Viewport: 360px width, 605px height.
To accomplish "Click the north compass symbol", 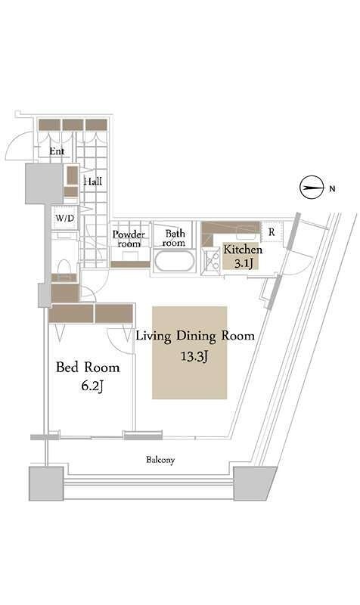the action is [311, 188].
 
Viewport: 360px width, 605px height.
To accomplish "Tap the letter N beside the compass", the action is [332, 189].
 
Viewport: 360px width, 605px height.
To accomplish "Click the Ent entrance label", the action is [57, 151].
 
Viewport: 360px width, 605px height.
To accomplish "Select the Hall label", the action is [93, 181].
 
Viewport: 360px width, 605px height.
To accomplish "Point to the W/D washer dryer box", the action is [65, 219].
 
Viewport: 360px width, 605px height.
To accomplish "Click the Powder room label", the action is [129, 239].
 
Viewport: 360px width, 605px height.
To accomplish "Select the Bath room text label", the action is [174, 238].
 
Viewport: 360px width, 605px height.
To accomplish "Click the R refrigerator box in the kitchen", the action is [272, 231].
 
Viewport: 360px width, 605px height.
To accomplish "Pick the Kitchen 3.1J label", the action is [243, 256].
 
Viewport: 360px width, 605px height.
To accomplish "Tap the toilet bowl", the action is [64, 266].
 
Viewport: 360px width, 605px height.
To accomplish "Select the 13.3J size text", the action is [195, 356].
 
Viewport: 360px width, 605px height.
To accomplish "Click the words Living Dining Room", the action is [195, 336].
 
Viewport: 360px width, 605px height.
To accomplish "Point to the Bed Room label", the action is [88, 367].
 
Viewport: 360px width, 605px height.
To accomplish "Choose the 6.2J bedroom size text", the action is [92, 386].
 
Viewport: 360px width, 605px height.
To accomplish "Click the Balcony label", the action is [160, 460].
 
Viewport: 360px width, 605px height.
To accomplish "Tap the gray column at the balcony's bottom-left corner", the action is [46, 483].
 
